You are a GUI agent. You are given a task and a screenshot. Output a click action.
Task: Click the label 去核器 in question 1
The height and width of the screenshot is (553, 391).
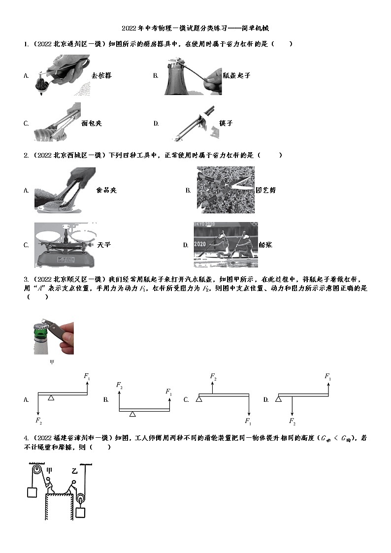(101, 75)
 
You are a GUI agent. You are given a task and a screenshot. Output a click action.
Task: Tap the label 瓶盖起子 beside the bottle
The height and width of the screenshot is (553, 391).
(236, 75)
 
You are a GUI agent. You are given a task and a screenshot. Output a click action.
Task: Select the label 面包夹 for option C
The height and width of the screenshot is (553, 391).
(91, 123)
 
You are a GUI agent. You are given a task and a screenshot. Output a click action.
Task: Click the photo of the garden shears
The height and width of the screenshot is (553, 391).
(226, 190)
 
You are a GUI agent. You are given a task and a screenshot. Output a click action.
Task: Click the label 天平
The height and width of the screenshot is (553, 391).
(104, 245)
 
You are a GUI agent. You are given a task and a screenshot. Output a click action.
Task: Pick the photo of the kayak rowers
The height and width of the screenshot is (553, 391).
(225, 245)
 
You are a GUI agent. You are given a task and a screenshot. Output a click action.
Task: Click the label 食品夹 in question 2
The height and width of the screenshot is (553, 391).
(106, 190)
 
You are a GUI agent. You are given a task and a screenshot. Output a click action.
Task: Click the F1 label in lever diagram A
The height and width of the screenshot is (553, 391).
(87, 376)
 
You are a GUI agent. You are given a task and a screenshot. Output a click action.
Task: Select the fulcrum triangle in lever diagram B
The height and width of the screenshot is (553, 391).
(132, 414)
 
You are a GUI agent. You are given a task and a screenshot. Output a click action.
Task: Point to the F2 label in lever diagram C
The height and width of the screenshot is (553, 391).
(213, 376)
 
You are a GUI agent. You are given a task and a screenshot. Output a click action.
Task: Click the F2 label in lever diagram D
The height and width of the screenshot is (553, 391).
(292, 421)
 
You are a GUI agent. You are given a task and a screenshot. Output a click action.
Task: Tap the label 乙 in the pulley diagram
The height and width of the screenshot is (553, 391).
(74, 471)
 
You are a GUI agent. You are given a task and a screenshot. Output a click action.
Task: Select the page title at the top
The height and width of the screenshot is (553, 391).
(195, 29)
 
